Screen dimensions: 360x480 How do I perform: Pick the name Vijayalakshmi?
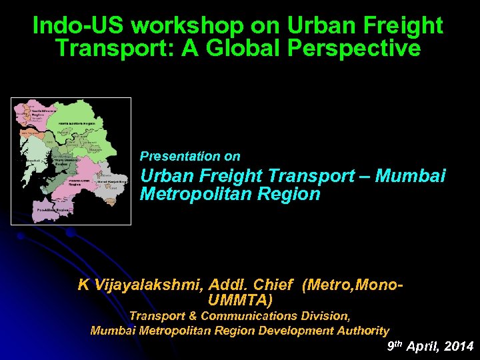coord(147,285)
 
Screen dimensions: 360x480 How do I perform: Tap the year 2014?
coord(457,346)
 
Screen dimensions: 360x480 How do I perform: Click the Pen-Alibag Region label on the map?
coord(53,209)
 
